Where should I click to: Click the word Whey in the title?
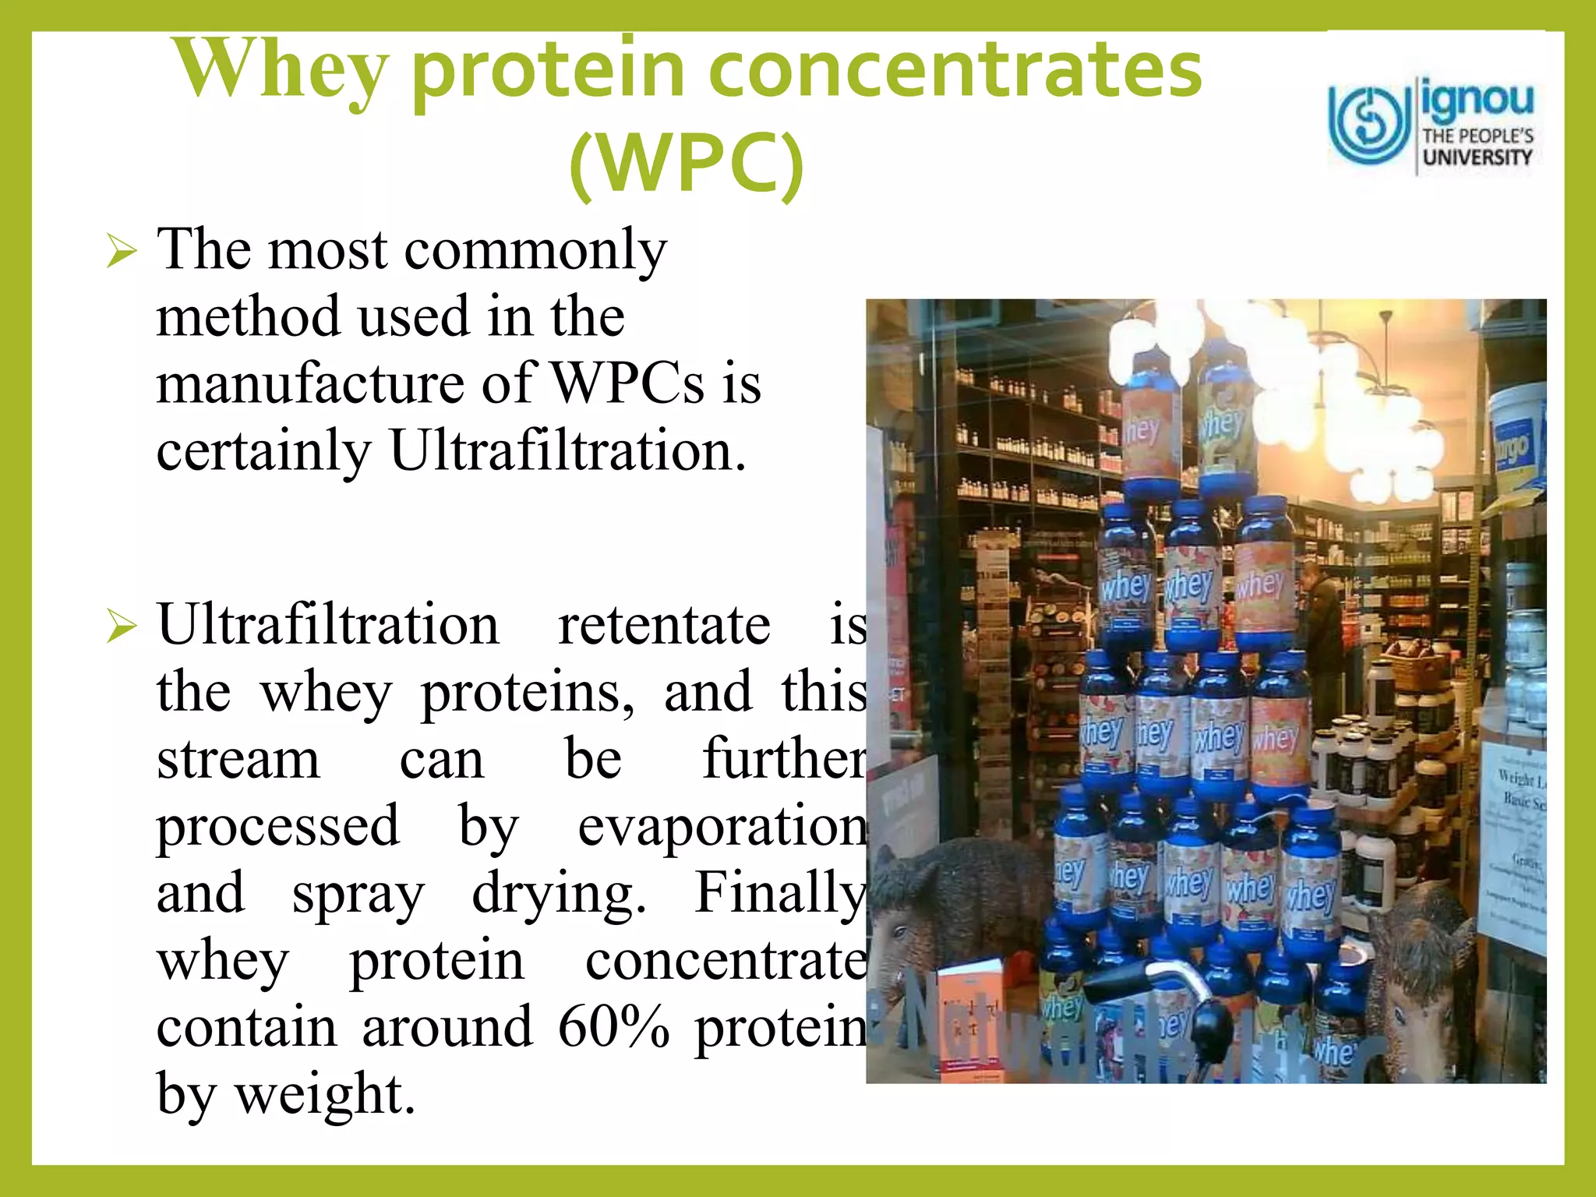(281, 72)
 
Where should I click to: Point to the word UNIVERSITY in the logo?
(1477, 157)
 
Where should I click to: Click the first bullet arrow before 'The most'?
(122, 252)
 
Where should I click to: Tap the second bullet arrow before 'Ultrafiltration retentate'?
(122, 627)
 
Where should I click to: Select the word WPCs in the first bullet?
(627, 383)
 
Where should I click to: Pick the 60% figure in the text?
(613, 1027)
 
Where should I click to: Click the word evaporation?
(722, 826)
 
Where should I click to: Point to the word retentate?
(664, 625)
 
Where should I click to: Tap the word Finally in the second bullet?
(779, 893)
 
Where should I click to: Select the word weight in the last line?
(324, 1094)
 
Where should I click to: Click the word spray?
(358, 895)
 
